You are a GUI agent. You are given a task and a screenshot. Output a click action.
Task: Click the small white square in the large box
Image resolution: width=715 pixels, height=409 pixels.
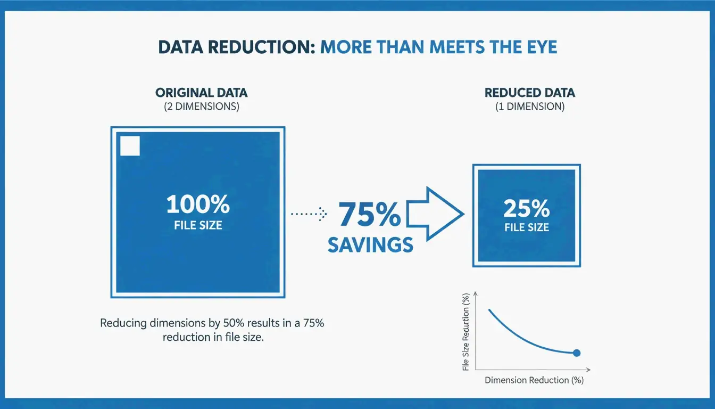tap(130, 146)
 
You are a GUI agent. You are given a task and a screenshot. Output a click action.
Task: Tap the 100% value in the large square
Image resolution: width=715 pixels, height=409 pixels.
tap(198, 204)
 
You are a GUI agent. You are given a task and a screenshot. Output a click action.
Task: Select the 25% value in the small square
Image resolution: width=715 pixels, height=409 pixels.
tap(526, 209)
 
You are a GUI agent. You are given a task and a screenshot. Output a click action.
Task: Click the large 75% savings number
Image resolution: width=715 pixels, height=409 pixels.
tap(370, 215)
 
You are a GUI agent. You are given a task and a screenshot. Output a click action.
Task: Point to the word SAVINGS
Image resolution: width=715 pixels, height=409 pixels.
tap(370, 244)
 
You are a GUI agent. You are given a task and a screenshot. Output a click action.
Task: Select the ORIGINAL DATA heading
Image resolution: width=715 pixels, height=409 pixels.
tap(201, 93)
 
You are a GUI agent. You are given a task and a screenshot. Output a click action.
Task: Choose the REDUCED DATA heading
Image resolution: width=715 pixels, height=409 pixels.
tap(530, 93)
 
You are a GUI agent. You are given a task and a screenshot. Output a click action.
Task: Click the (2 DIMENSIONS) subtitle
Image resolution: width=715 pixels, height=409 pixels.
tap(201, 107)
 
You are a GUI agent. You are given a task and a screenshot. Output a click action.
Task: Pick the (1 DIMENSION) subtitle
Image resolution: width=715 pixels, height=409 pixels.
tap(530, 107)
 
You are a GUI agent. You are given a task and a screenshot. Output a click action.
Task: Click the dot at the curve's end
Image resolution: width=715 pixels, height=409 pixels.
tap(576, 353)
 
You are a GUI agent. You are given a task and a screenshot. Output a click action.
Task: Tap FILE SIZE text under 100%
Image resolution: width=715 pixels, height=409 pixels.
tap(198, 225)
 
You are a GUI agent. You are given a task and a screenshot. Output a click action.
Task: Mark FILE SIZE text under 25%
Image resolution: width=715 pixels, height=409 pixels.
tap(526, 227)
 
